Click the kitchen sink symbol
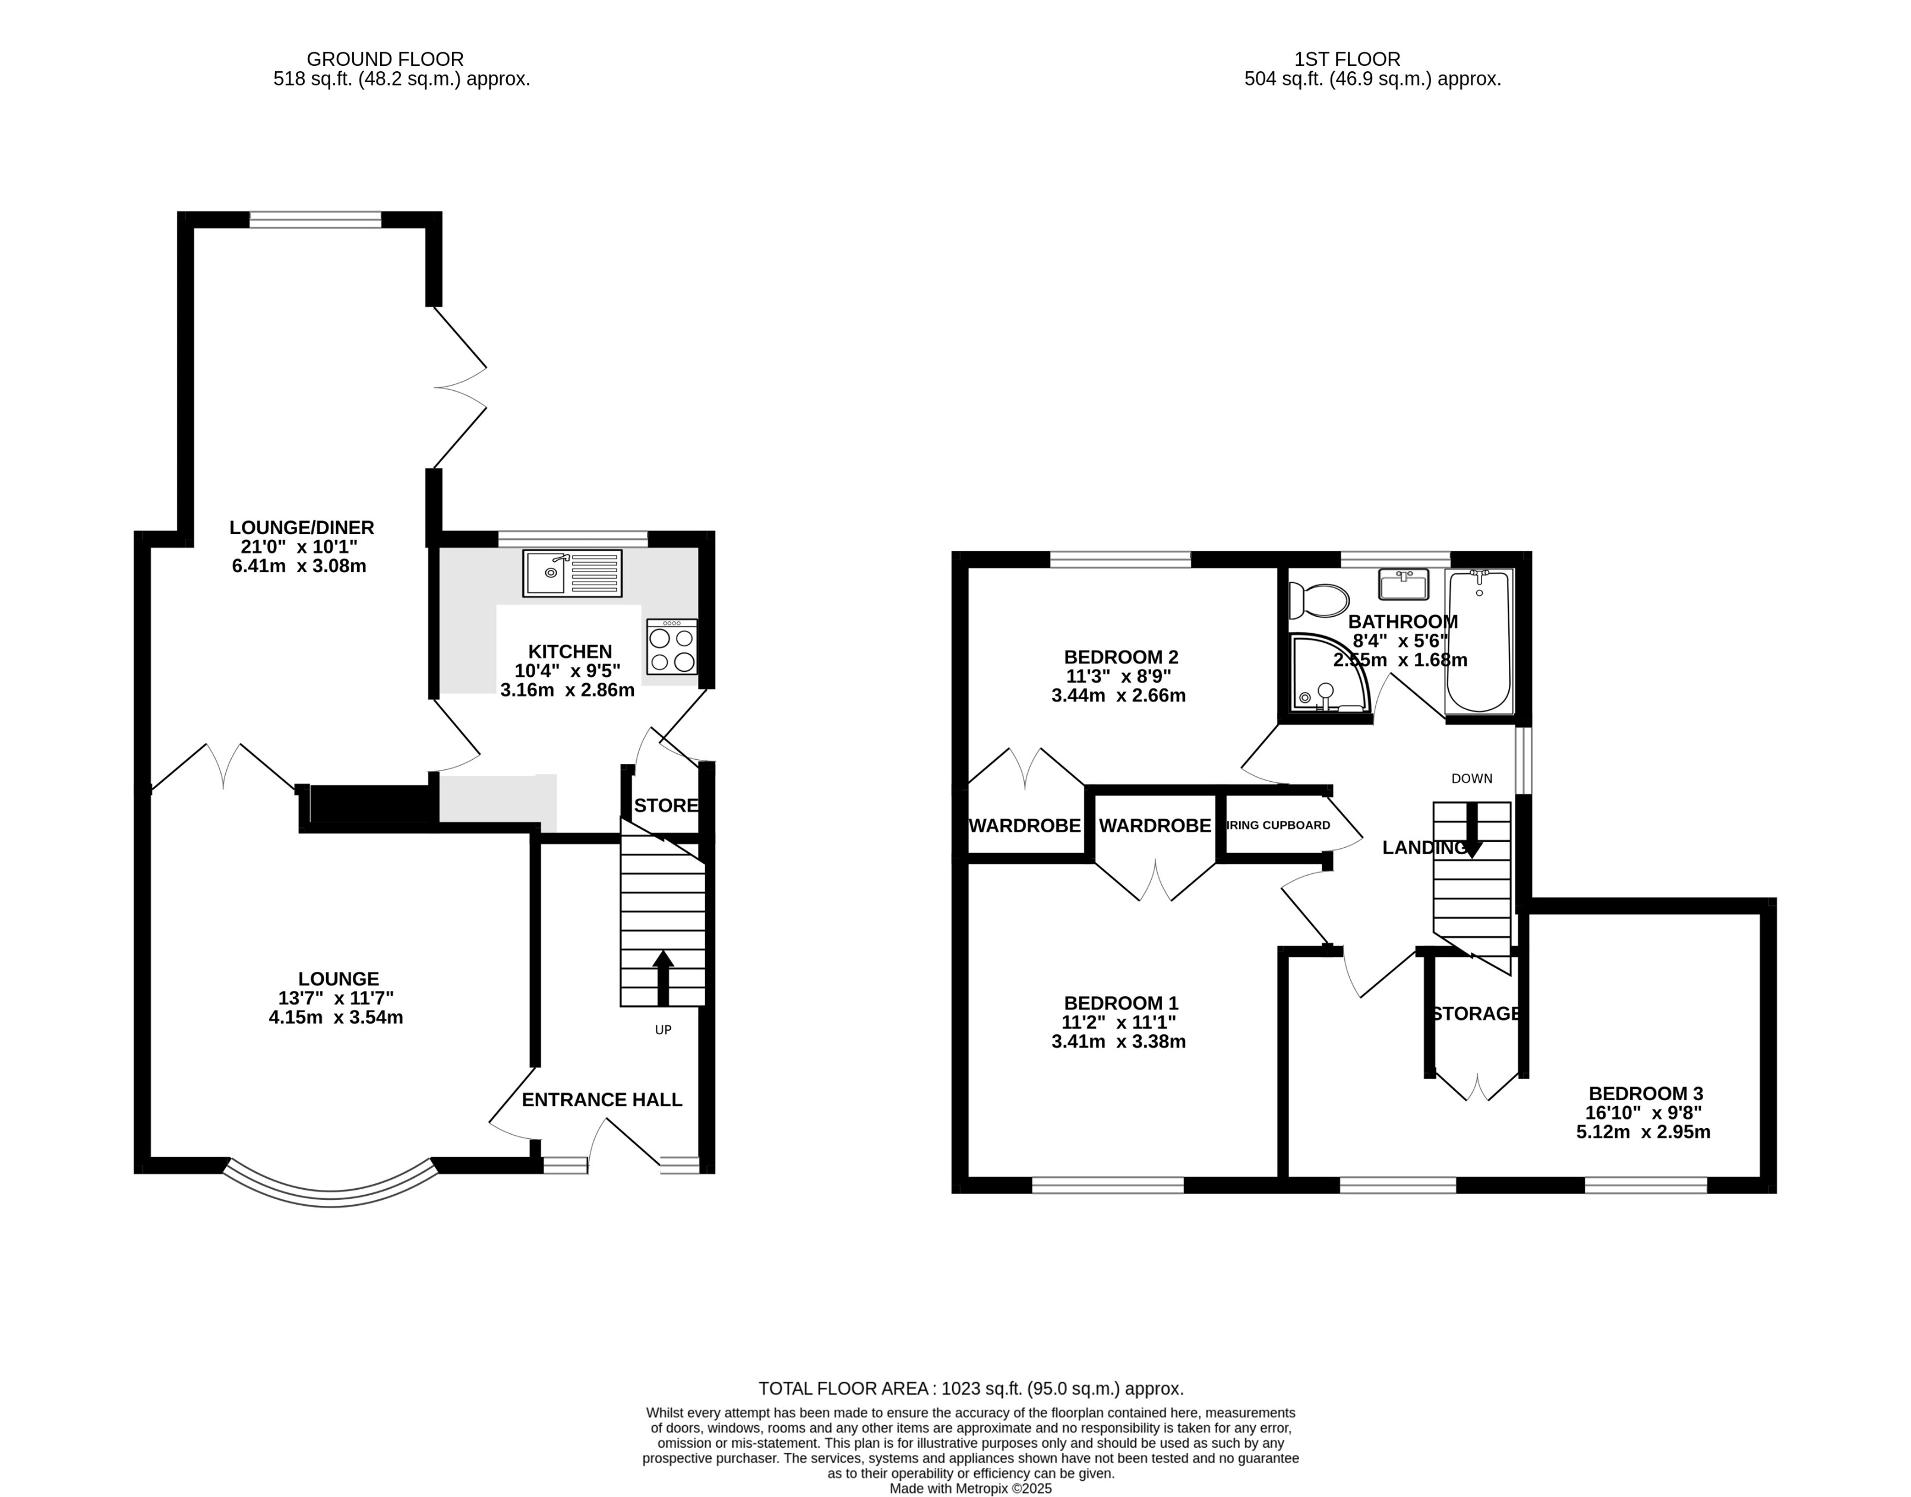(x=572, y=573)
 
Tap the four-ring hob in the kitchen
(x=672, y=647)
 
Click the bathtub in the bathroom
(x=1479, y=641)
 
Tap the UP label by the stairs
(x=664, y=1030)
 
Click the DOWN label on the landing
(x=1471, y=778)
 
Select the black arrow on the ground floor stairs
(x=664, y=977)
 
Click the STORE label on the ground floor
(x=666, y=806)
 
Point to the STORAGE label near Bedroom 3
(x=1476, y=1013)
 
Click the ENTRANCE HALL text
(x=602, y=1099)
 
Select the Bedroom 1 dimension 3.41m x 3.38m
(x=1118, y=1041)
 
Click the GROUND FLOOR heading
(x=385, y=59)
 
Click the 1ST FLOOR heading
(x=1348, y=59)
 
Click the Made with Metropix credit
(x=970, y=1488)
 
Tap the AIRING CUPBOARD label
(x=1278, y=825)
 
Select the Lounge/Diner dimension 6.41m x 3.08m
(x=299, y=566)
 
